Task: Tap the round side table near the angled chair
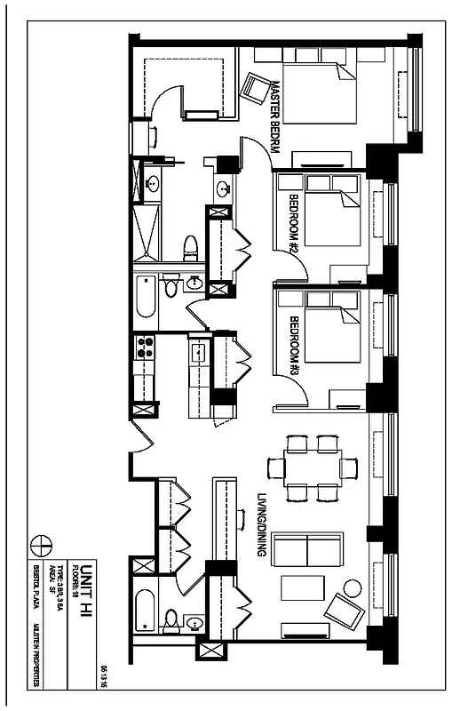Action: tap(353, 587)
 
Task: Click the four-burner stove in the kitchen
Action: tap(144, 348)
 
